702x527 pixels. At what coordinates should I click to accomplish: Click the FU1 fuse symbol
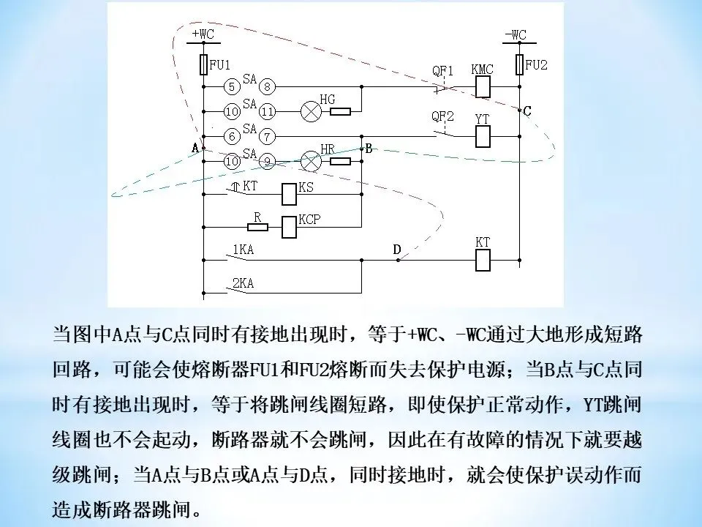point(204,65)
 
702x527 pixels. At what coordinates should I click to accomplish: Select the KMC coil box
point(483,87)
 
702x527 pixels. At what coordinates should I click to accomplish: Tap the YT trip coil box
point(483,136)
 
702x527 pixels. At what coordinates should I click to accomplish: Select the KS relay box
point(290,194)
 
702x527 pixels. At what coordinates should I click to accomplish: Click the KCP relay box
point(289,228)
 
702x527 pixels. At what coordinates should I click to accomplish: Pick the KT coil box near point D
point(483,258)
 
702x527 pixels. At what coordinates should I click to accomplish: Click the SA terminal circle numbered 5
point(232,87)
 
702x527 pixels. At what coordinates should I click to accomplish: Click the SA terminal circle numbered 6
point(232,136)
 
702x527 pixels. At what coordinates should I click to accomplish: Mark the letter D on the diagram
point(396,250)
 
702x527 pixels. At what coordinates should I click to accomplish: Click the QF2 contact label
point(442,116)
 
